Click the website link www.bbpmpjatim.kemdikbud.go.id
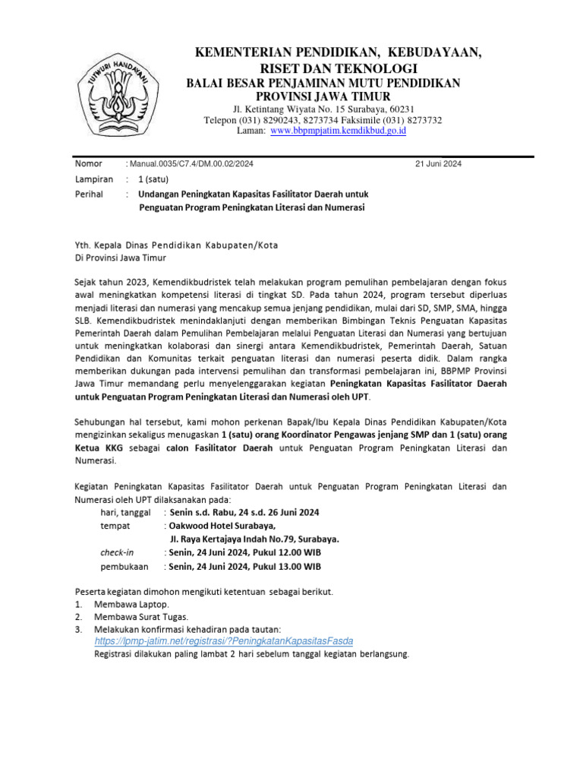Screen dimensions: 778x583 point(339,131)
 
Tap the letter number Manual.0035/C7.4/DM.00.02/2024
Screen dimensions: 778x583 point(192,164)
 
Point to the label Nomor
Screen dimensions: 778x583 point(89,164)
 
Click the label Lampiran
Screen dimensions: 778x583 point(93,180)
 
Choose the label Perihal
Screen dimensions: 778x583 point(90,194)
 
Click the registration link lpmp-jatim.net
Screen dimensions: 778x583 point(224,641)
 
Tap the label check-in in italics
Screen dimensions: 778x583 point(116,552)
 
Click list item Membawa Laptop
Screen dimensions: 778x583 point(127,604)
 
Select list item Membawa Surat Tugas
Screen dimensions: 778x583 point(141,617)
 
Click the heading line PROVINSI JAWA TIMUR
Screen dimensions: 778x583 point(323,96)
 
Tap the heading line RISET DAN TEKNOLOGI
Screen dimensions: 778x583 point(323,68)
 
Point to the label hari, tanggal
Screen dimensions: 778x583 point(125,512)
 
